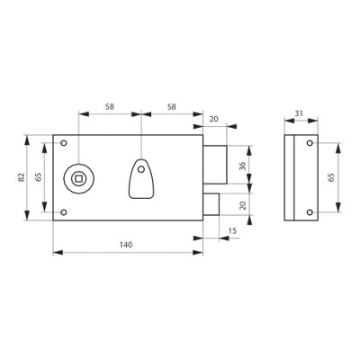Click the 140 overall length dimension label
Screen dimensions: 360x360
pos(126,245)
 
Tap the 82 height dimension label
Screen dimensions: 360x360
pos(21,177)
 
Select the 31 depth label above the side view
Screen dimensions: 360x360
pos(299,113)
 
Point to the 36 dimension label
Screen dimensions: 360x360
pos(243,166)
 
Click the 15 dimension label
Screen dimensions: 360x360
pos(232,230)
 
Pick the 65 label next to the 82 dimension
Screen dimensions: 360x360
pos(39,177)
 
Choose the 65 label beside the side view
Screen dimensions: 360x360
pos(331,177)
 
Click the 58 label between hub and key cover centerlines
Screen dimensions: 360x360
pos(110,106)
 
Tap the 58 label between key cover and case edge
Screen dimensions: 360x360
pos(172,106)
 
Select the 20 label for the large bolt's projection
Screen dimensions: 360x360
pos(214,119)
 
